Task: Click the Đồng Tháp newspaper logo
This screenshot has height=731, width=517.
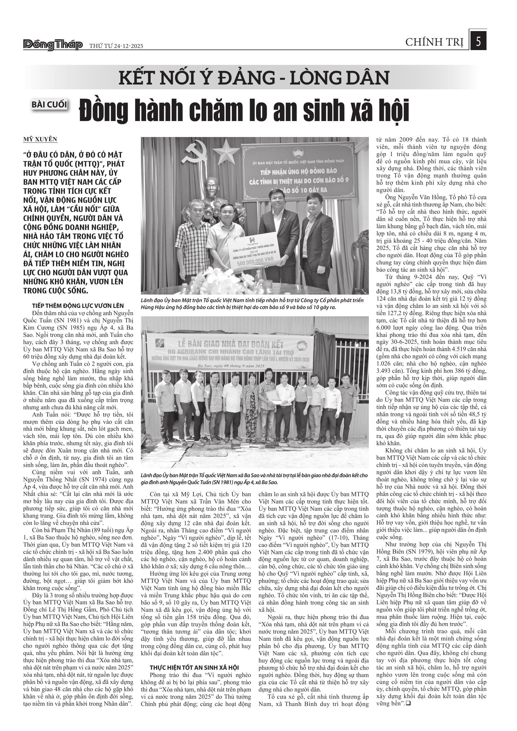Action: [x=53, y=45]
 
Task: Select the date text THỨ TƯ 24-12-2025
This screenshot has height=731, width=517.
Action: [x=116, y=46]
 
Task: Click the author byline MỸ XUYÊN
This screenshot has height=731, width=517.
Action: [x=40, y=139]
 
